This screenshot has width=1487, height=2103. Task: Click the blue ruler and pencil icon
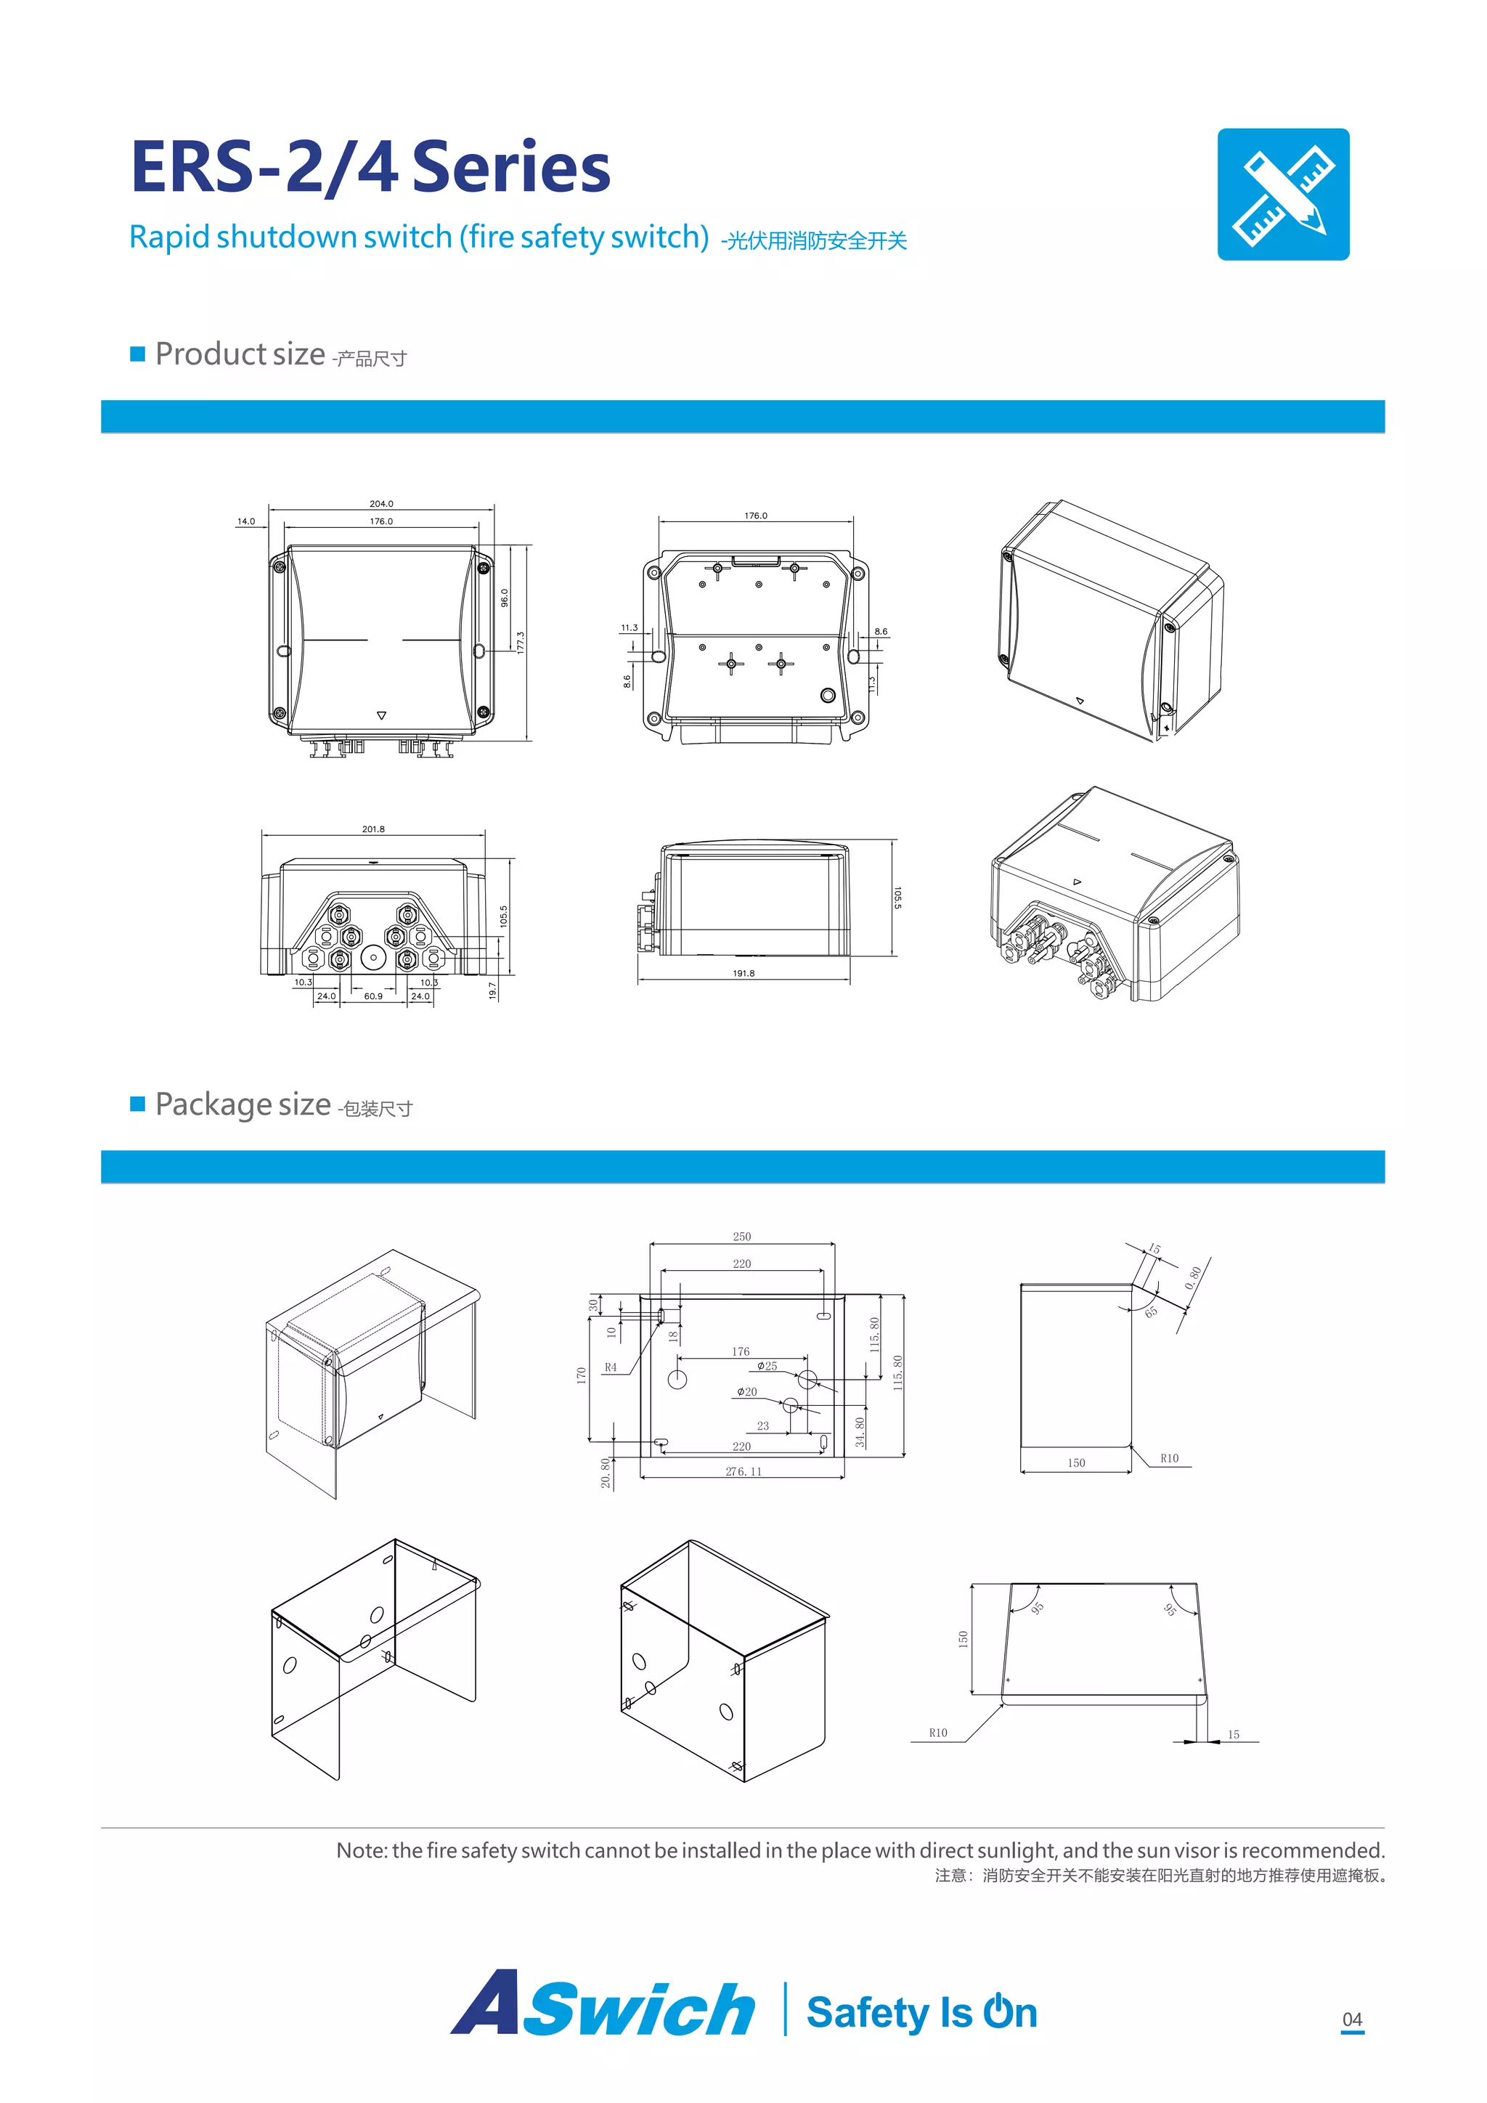click(1283, 194)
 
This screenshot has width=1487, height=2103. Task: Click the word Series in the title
click(512, 168)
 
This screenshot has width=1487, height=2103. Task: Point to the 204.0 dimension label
click(381, 504)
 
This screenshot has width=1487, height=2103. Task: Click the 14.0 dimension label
click(246, 521)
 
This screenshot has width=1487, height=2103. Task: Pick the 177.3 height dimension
click(520, 642)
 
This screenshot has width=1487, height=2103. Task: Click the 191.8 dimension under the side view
click(743, 973)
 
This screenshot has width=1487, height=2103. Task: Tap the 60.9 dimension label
click(374, 996)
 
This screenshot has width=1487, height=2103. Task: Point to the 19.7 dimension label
click(492, 990)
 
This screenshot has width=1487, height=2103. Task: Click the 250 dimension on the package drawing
click(741, 1237)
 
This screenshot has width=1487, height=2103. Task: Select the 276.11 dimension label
click(743, 1471)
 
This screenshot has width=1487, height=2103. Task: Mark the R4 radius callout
click(611, 1367)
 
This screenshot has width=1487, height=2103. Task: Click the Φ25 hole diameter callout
click(767, 1366)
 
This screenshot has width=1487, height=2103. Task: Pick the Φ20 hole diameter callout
click(747, 1391)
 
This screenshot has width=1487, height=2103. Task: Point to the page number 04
click(1353, 2019)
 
